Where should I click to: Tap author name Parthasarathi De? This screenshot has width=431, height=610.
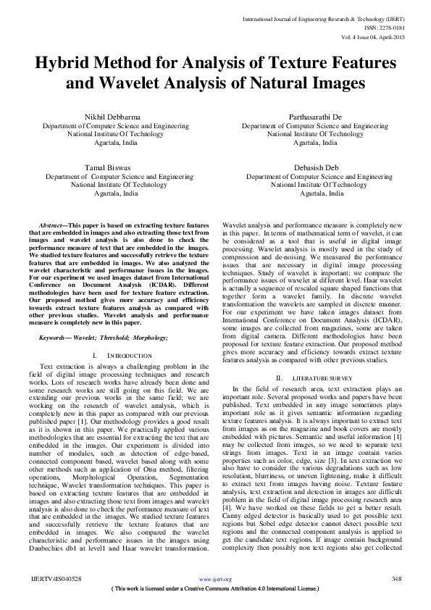(x=311, y=116)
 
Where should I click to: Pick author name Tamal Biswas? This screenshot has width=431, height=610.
(x=106, y=167)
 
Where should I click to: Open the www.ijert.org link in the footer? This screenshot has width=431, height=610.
(x=215, y=579)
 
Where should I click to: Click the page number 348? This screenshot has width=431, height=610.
(x=396, y=579)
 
